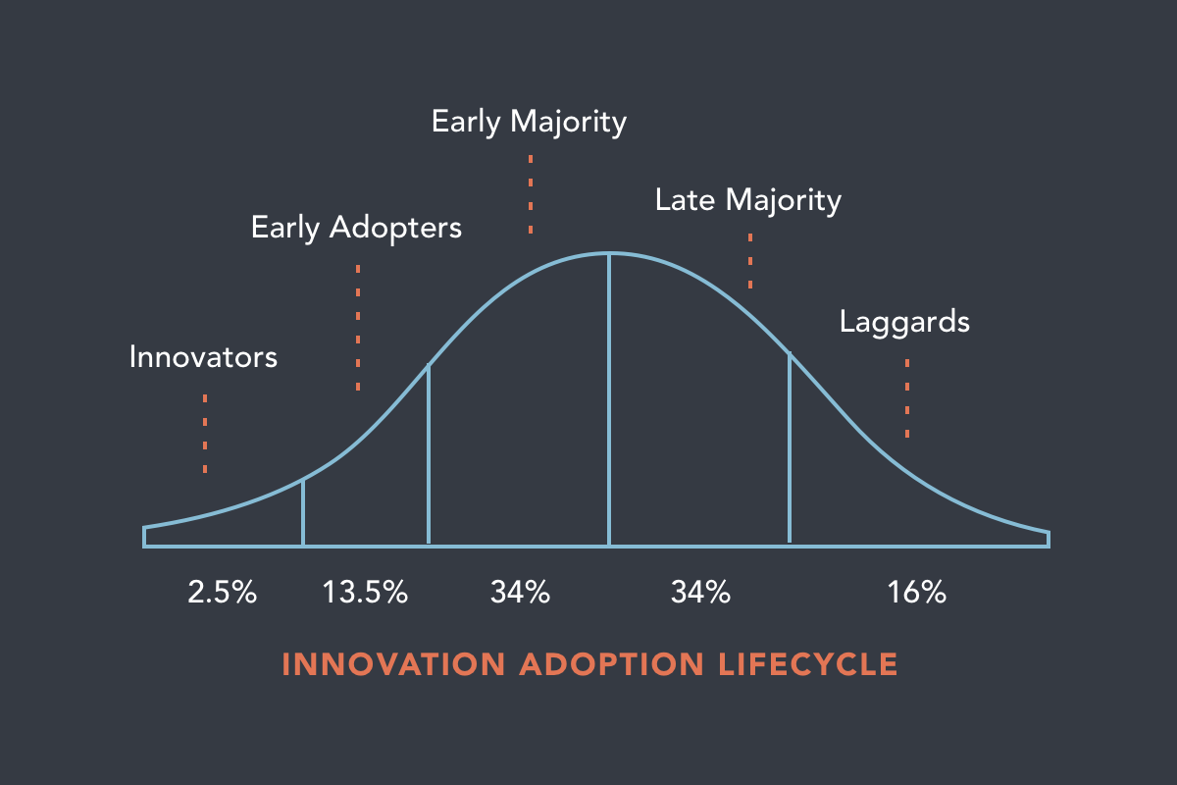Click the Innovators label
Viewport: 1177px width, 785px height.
pos(203,356)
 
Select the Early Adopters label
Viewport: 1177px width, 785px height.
pos(356,228)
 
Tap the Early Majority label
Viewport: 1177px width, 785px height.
pos(529,122)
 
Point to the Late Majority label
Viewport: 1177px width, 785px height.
pos(748,200)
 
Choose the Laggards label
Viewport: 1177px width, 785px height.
pos(904,322)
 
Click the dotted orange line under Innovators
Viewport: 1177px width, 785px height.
pos(205,434)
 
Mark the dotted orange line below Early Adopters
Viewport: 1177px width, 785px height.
pos(358,328)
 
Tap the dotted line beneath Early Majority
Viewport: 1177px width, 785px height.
pos(531,193)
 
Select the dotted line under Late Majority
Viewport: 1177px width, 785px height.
pos(750,260)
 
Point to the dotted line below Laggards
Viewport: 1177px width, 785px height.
pos(907,397)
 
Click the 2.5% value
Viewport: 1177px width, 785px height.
pos(222,593)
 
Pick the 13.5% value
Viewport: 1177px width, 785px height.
pos(365,593)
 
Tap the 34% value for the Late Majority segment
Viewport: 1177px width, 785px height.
pos(700,593)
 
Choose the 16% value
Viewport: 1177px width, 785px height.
pos(917,593)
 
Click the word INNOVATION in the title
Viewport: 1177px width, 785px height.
pos(395,664)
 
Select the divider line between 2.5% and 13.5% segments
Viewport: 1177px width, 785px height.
pos(303,511)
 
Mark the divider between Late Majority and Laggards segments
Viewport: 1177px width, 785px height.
pos(790,447)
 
